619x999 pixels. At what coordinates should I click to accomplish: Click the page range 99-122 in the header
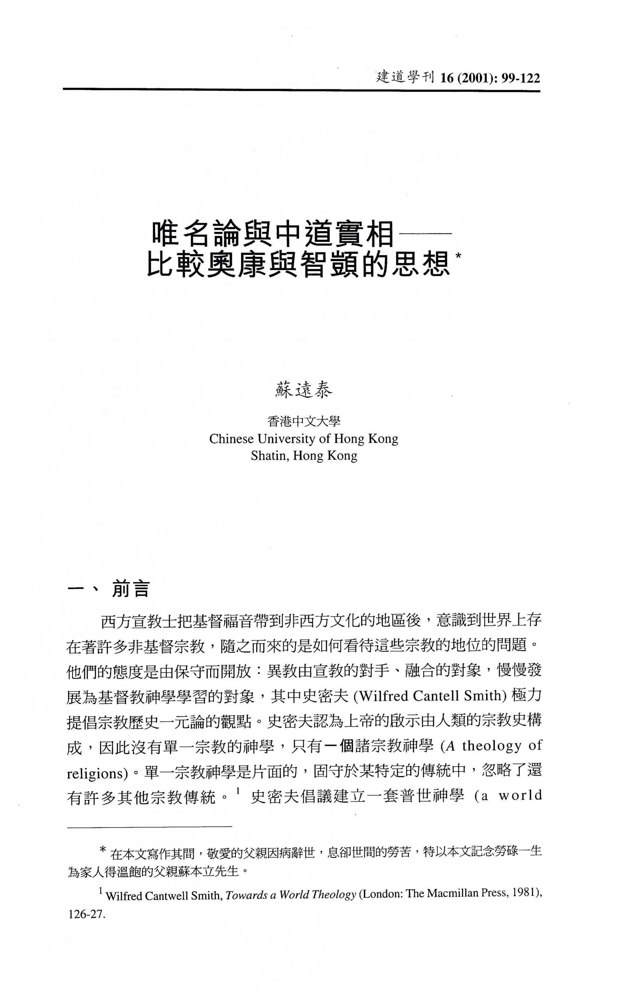pos(521,78)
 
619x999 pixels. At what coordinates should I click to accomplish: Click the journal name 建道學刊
pos(404,77)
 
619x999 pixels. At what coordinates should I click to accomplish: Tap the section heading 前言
pos(130,590)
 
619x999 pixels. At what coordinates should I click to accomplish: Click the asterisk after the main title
pos(458,256)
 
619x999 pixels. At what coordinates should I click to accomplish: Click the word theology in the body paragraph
pos(492,745)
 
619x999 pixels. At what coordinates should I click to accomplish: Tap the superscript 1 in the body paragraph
pos(237,793)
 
